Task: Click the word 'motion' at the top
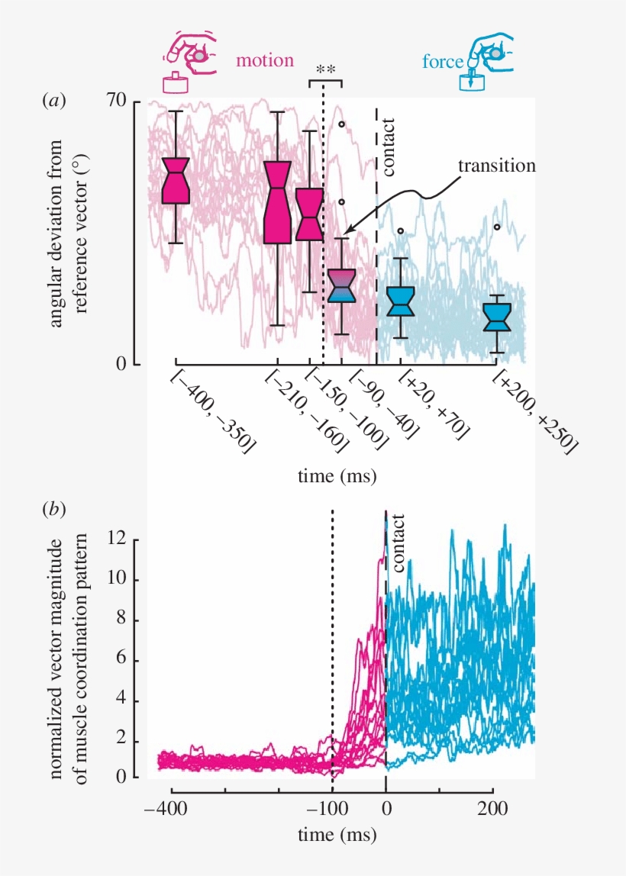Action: (265, 60)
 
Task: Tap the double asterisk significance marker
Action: (326, 70)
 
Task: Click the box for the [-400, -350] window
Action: (176, 181)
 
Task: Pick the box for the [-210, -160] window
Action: (277, 202)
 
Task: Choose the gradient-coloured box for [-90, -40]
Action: (342, 285)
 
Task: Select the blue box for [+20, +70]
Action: (400, 301)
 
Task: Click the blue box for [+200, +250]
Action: (498, 317)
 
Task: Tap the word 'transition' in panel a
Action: (496, 166)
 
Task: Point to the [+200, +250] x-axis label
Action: (533, 411)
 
